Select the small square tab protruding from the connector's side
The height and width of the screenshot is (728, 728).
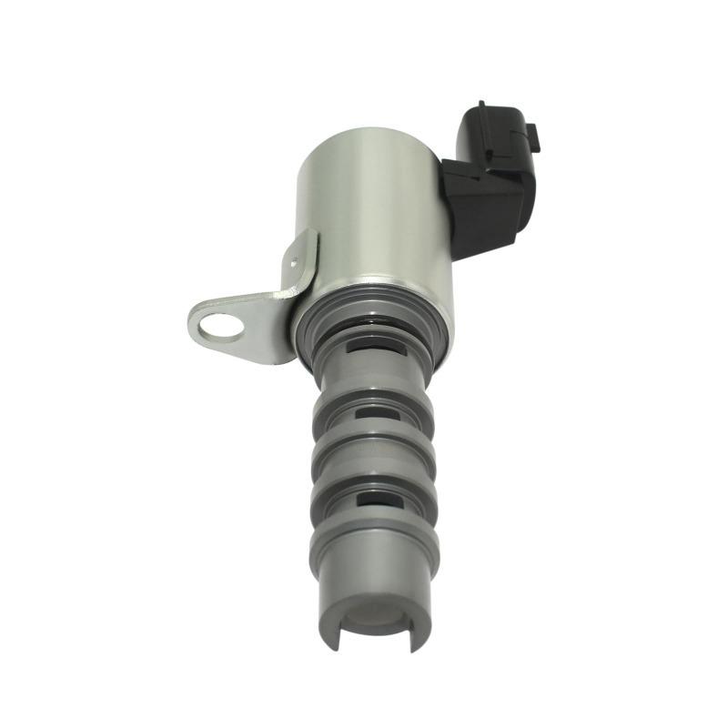[x=536, y=137]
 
